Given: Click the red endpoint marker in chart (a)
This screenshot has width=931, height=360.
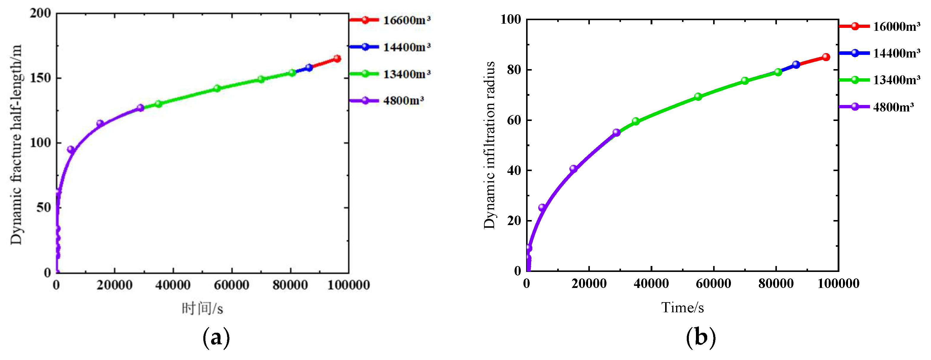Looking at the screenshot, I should (337, 58).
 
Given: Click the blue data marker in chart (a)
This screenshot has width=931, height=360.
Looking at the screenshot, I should (309, 68).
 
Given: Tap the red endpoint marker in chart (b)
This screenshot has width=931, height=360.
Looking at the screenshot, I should (826, 57).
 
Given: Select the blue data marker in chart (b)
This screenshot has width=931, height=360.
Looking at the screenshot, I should (796, 65).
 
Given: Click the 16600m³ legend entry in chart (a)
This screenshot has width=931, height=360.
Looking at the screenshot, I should (390, 20).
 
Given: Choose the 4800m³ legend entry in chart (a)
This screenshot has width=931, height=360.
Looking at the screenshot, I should (387, 101).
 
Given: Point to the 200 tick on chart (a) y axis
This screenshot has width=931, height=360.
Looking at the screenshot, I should (41, 13).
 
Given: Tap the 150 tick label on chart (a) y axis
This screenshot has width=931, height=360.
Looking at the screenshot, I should (41, 78).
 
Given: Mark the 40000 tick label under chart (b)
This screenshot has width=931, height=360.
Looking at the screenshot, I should (651, 283).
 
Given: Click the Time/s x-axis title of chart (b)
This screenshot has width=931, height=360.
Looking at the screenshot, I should (682, 308).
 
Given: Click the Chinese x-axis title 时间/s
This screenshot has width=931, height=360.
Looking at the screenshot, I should (202, 309).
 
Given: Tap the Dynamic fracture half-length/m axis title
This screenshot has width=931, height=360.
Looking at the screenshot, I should (16, 145).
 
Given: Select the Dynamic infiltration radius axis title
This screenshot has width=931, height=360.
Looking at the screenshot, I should (489, 145).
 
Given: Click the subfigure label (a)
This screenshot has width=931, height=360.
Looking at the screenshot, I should (216, 337).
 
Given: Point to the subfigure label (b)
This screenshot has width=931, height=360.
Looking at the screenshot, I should (700, 337).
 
